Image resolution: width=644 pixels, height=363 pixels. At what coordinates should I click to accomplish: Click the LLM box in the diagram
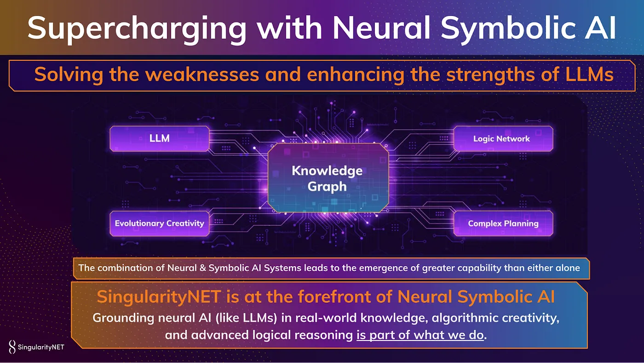[x=159, y=138]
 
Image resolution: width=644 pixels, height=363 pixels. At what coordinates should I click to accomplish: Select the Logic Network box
[x=503, y=138]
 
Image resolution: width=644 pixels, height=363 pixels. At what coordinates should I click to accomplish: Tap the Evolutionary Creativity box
[x=159, y=223]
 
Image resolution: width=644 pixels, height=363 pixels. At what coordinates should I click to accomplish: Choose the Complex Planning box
[x=503, y=223]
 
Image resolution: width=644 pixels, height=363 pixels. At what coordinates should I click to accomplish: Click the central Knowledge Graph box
[x=327, y=178]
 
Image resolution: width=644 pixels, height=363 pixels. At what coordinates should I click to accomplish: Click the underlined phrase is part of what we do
[x=420, y=335]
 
